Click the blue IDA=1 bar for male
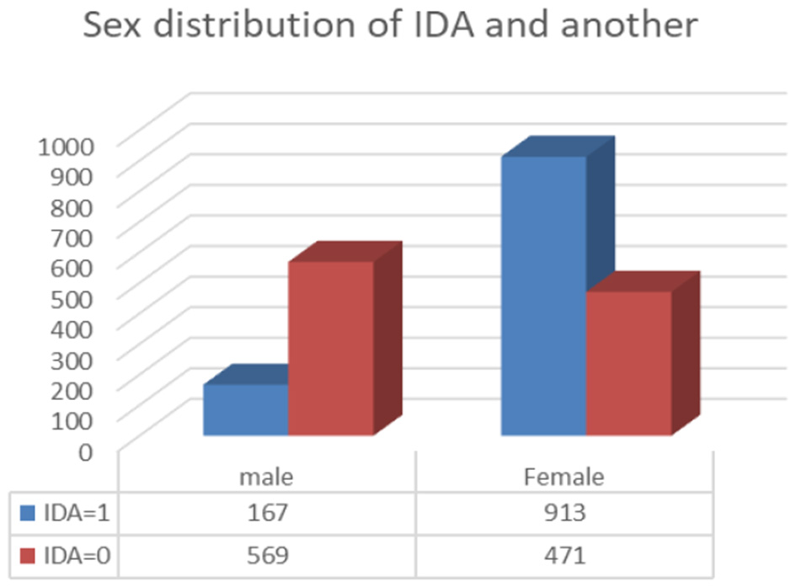coord(246,410)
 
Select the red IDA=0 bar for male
coord(331,349)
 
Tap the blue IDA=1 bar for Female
coord(543,296)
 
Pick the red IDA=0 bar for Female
coord(628,364)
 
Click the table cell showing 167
coord(266,511)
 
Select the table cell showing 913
coord(564,511)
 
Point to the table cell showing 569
coord(266,555)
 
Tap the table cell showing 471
coord(564,555)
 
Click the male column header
coord(266,477)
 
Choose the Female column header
coord(564,477)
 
